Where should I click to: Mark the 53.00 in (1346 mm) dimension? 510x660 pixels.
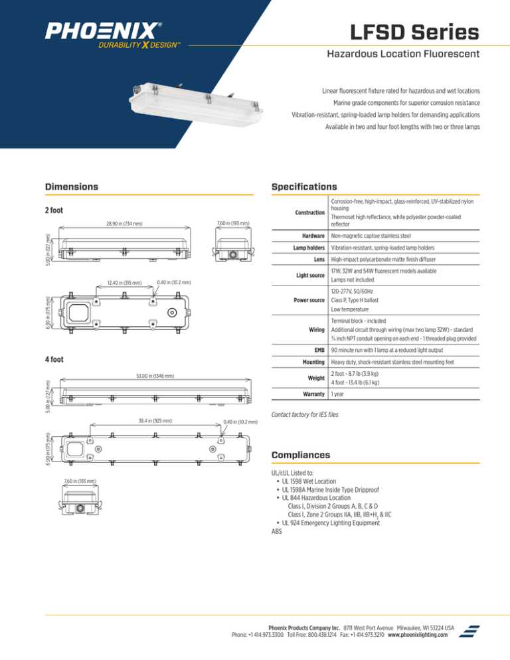click(145, 376)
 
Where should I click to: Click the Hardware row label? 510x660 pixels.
click(310, 236)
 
